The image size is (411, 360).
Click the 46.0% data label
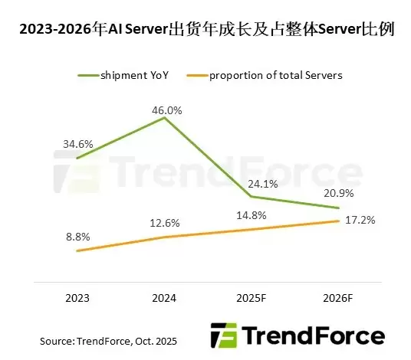click(166, 110)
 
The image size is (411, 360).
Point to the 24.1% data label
click(250, 184)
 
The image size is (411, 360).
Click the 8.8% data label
click(77, 237)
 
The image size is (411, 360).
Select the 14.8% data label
click(250, 214)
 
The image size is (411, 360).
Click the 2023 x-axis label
click(77, 297)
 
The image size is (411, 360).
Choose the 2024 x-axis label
click(165, 297)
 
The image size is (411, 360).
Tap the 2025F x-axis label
click(252, 297)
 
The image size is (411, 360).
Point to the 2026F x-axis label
click(339, 297)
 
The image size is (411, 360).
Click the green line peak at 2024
click(165, 119)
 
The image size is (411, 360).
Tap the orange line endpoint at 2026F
click(338, 221)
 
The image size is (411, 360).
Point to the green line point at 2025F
click(252, 197)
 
